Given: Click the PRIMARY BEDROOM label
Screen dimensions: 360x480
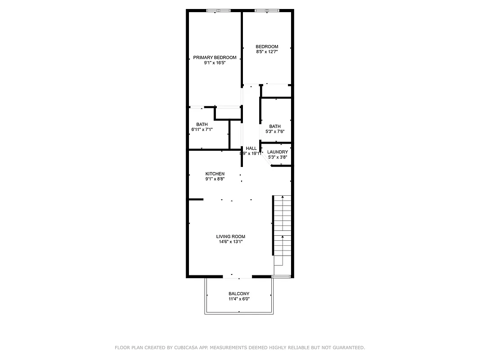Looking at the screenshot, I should click(x=215, y=58).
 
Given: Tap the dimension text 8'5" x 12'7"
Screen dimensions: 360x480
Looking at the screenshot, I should click(x=267, y=52).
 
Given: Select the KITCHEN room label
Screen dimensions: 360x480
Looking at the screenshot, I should click(x=215, y=174).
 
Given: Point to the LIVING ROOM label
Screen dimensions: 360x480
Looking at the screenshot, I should click(x=231, y=237).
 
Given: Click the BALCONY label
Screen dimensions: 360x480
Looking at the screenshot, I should click(x=239, y=294).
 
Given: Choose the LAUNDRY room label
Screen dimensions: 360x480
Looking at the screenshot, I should click(x=277, y=152).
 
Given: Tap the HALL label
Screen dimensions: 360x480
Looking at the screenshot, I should click(x=251, y=148).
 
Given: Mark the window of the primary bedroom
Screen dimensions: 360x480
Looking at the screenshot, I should click(x=219, y=10).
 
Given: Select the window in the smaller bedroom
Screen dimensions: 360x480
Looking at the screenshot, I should click(x=267, y=10).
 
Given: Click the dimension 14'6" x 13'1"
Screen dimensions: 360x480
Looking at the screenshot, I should click(x=231, y=242).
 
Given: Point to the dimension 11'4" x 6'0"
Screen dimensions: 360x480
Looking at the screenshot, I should click(x=239, y=299).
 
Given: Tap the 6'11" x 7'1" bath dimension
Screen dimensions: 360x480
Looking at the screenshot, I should click(x=202, y=130).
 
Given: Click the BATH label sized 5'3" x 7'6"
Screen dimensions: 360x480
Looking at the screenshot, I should click(x=275, y=126).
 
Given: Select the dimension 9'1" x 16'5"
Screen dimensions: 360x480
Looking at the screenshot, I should click(x=215, y=63).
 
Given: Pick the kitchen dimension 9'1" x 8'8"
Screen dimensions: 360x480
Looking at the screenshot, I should click(x=215, y=179).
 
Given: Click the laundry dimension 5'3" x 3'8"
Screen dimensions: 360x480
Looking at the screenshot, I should click(x=277, y=157).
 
